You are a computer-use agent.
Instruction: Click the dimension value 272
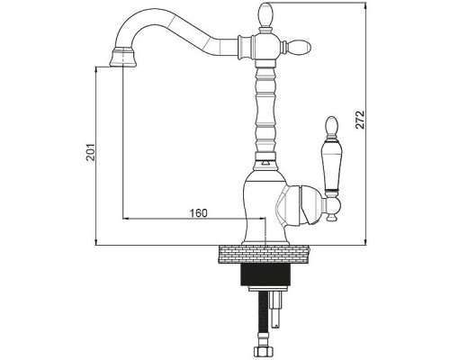click(359, 120)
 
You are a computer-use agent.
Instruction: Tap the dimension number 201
click(91, 152)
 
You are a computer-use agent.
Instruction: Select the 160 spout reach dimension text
click(198, 213)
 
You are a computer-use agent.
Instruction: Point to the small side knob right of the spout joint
click(299, 47)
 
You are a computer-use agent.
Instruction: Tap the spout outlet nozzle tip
click(123, 58)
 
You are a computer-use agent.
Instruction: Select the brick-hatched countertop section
click(264, 255)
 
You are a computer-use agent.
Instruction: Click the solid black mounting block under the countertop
click(265, 274)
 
